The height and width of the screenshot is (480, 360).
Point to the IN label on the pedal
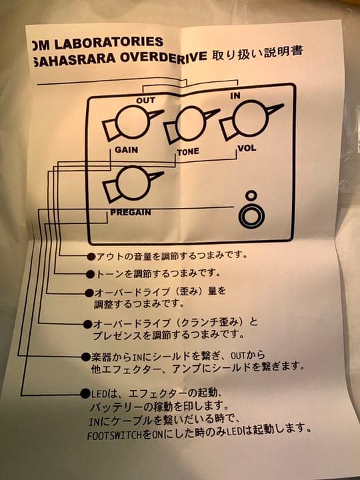coord(235,96)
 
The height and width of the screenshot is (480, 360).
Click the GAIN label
coord(126,150)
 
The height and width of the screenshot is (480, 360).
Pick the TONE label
coord(187,152)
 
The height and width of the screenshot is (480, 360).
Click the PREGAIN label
coord(130,213)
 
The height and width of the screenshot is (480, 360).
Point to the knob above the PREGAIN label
coord(132,183)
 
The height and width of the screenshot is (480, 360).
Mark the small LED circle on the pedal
coord(251,196)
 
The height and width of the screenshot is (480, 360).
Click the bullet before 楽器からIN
coord(85,357)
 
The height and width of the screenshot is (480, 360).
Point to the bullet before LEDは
coord(85,394)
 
